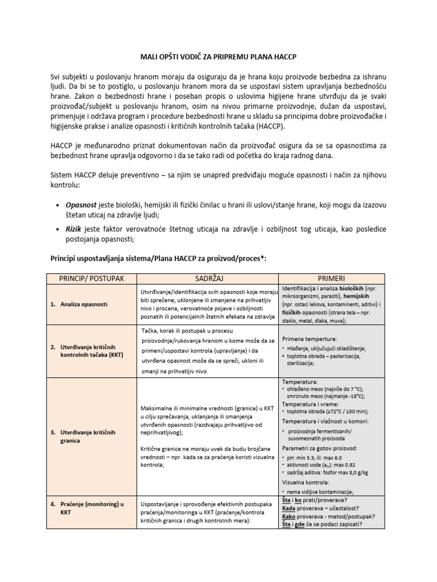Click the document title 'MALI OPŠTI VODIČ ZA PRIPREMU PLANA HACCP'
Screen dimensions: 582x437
[218, 58]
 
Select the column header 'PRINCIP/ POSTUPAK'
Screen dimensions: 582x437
[92, 279]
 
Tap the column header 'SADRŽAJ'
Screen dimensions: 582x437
[207, 279]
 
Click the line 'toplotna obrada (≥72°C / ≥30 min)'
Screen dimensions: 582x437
[330, 411]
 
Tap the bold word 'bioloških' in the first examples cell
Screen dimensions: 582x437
[356, 289]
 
